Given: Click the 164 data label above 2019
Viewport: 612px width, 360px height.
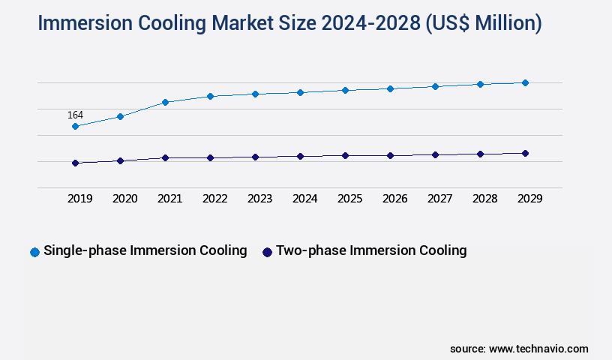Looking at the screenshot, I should (75, 115).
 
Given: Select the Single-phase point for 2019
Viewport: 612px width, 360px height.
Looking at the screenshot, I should (75, 127).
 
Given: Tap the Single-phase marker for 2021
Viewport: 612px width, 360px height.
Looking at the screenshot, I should (165, 102).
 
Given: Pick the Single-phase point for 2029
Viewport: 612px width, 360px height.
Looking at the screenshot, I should (525, 82).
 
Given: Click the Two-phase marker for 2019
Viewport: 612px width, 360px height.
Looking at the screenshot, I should (75, 163).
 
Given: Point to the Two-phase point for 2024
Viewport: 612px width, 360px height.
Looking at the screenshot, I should (300, 156).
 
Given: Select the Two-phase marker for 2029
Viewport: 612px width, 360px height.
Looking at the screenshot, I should (525, 153).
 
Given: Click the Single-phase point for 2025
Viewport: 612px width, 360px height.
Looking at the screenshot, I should (345, 90).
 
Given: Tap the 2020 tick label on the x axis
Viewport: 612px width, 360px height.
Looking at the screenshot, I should (124, 199).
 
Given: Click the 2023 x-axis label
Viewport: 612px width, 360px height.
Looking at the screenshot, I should (259, 199).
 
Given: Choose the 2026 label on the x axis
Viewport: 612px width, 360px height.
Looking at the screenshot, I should (394, 199).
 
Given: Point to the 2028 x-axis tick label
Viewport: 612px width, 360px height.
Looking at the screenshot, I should (484, 199).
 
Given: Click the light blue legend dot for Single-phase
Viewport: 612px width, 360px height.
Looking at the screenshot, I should (34, 252).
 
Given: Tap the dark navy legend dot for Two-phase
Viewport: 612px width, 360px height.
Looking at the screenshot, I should (266, 252).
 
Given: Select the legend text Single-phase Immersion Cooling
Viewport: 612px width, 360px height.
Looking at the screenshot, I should (145, 250).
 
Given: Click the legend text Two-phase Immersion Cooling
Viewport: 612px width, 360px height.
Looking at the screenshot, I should (371, 250).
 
